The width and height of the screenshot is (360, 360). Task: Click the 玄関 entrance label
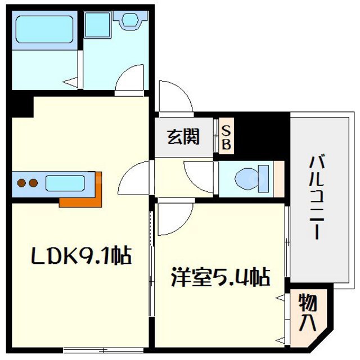(183, 137)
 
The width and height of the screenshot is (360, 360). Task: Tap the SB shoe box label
(226, 137)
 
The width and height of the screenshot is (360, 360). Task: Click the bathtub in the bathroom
(44, 29)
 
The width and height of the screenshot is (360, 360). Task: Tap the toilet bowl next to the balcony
(248, 178)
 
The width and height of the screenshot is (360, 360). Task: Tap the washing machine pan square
(98, 25)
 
